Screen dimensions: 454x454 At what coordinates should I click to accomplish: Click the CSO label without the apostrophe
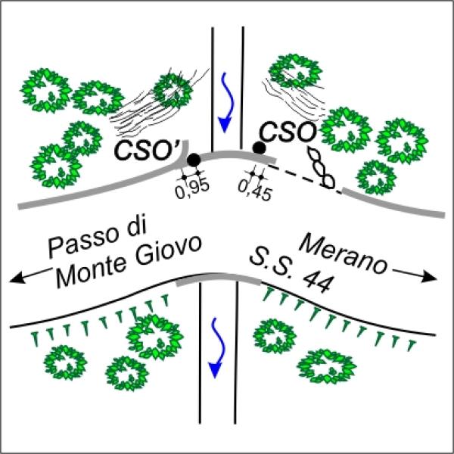click(288, 132)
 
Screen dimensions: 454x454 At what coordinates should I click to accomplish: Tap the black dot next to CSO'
click(194, 160)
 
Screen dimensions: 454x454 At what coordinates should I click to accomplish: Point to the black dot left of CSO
click(259, 148)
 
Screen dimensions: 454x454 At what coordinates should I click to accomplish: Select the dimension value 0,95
click(192, 190)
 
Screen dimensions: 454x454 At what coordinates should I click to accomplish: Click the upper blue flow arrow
click(226, 102)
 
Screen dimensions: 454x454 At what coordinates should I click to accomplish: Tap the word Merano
click(343, 254)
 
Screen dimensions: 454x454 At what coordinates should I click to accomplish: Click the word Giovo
click(169, 250)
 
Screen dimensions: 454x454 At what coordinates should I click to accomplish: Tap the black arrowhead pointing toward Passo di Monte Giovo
click(16, 278)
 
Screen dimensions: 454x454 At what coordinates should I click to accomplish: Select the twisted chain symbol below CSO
click(322, 167)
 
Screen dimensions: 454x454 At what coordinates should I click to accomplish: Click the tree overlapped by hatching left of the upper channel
click(173, 91)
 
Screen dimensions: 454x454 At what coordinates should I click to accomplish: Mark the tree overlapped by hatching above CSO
click(295, 71)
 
